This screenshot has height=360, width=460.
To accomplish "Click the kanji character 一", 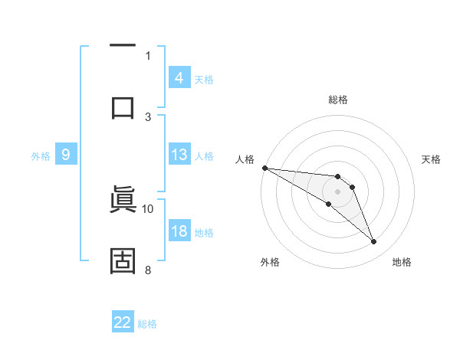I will [x=123, y=47].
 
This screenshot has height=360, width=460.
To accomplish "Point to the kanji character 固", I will [x=123, y=260].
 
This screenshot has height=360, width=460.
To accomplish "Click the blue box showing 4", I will [x=179, y=78].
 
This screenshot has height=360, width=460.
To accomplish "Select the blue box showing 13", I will [x=179, y=155].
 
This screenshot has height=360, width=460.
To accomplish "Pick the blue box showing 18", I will [x=179, y=231].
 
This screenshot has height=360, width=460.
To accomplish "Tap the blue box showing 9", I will [x=66, y=155].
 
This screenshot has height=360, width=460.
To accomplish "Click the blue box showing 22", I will [x=123, y=322].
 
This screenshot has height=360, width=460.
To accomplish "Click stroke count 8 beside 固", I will [x=148, y=270].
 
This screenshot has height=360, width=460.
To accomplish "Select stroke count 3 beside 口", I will [x=148, y=116].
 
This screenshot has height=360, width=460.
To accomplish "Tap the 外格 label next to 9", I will [x=41, y=155].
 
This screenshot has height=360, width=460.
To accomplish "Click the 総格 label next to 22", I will [x=147, y=323].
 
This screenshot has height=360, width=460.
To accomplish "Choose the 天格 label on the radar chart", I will [x=432, y=159].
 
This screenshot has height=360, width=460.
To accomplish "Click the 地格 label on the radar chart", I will [x=402, y=262].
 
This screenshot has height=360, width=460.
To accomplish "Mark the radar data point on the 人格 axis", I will [x=264, y=168].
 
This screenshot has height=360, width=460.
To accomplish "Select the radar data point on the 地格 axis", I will [x=373, y=242].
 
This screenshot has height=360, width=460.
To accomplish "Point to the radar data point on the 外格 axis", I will [x=328, y=204].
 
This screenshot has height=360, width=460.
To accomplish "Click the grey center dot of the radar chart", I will [x=337, y=191].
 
